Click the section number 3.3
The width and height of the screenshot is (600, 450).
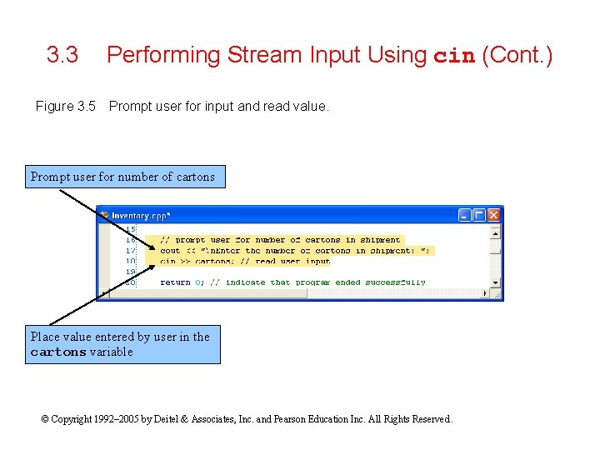tap(62, 56)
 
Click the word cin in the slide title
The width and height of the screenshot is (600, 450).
tap(454, 57)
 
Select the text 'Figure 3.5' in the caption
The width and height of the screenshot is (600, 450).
tap(66, 107)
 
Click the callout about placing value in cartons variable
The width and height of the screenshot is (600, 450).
tap(122, 344)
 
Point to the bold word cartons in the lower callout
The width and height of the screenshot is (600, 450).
tap(58, 352)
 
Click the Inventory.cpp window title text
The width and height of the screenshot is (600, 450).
tap(141, 215)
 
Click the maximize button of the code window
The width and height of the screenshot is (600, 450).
tap(479, 215)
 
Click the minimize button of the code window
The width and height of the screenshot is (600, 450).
tap(465, 215)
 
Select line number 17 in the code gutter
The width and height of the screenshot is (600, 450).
tap(131, 250)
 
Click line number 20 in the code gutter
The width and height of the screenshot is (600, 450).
tap(131, 282)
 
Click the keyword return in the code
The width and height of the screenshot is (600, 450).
tap(175, 282)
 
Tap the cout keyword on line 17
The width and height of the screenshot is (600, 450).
tap(169, 250)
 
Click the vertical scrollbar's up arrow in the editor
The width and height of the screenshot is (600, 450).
tap(496, 227)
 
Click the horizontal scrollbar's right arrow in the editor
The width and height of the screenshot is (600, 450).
tap(486, 293)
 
